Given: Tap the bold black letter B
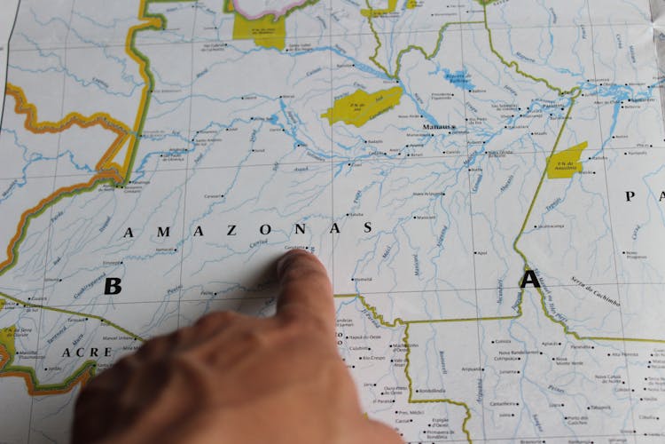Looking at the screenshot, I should coord(113,286).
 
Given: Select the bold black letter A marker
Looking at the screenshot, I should coord(529,280).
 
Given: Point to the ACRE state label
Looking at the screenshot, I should coord(87,353).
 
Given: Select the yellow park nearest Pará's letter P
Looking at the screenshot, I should coord(567,160).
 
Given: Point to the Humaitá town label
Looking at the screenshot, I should coord(363,280).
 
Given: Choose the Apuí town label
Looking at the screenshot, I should coord(481,252).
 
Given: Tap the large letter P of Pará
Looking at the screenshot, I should coord(630,195).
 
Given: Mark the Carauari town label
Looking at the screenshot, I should coord(211,195).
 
